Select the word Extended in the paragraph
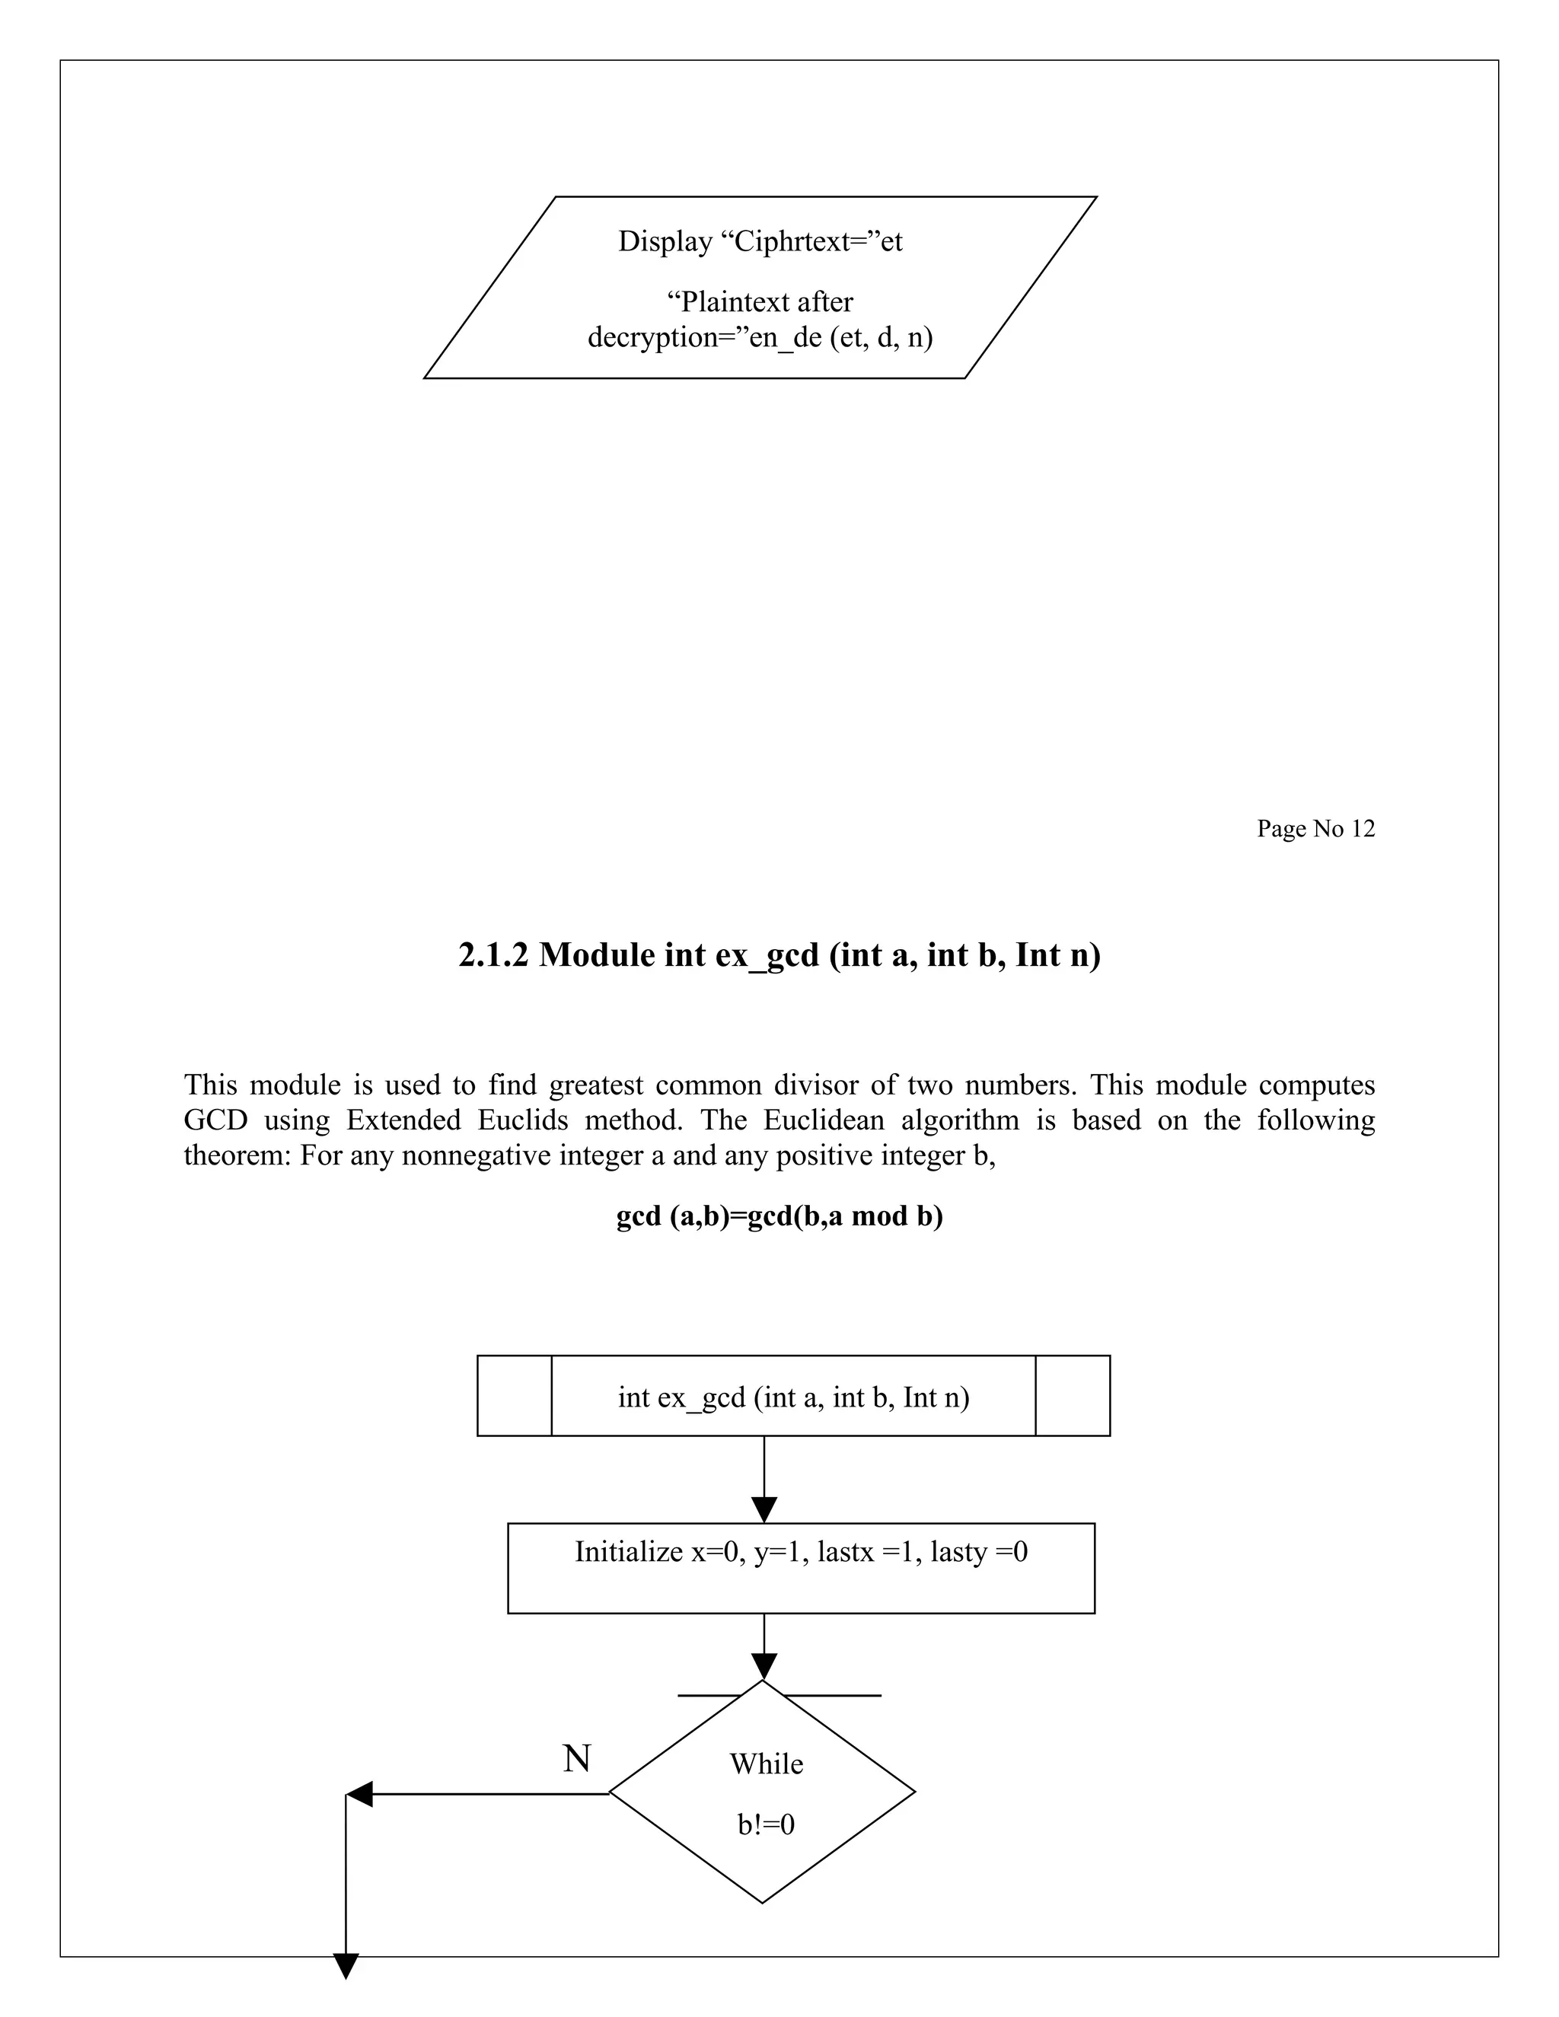click(403, 1120)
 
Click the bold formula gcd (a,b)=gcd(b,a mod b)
click(779, 1216)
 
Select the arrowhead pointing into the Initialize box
click(764, 1509)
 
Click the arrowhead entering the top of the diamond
click(764, 1666)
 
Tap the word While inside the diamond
click(767, 1764)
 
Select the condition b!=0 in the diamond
click(766, 1825)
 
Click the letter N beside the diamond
click(577, 1758)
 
